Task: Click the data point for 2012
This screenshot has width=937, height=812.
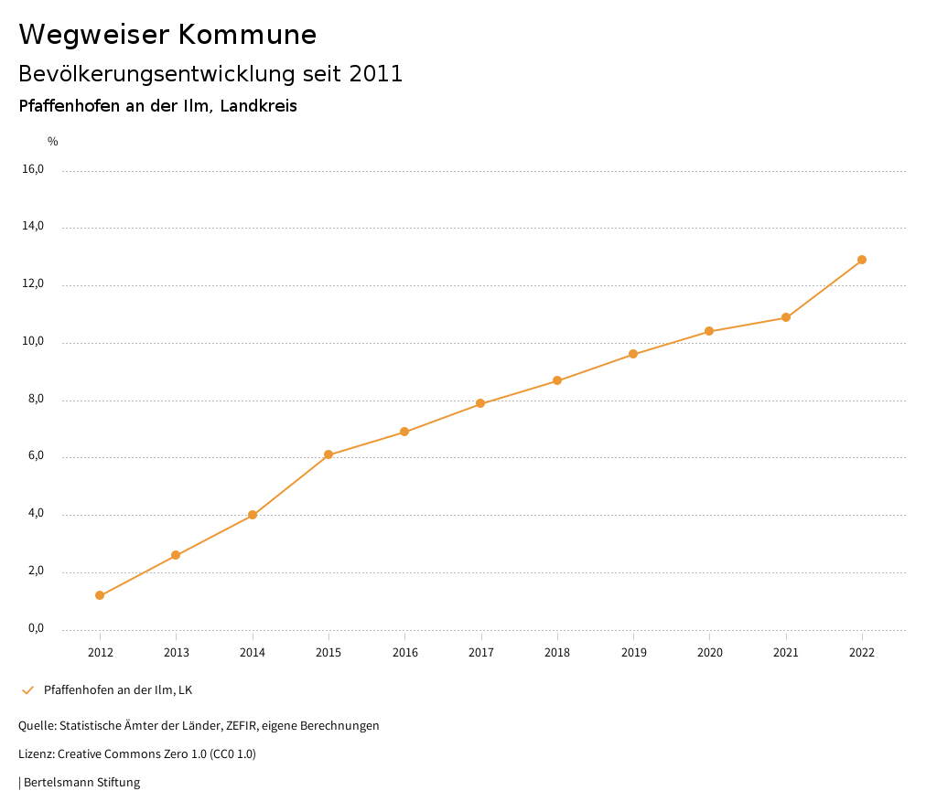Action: [100, 595]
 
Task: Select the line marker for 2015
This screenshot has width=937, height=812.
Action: [328, 454]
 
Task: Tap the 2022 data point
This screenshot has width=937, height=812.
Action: [862, 260]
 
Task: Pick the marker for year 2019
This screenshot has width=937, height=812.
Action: [633, 354]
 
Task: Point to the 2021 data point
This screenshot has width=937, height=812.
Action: [786, 317]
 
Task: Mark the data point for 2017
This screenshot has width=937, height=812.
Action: [480, 403]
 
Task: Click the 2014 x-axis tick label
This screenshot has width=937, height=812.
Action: [253, 652]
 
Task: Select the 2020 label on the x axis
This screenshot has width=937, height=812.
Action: [709, 652]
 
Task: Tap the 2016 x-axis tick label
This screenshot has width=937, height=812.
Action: [404, 652]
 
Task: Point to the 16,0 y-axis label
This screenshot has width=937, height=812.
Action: [32, 169]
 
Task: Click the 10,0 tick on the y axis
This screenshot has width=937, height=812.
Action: [32, 341]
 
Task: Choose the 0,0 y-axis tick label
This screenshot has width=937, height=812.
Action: [35, 628]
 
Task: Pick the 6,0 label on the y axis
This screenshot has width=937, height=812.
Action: [35, 455]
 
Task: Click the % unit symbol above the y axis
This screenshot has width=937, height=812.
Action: [53, 142]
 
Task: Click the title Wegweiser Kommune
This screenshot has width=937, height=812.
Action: [167, 35]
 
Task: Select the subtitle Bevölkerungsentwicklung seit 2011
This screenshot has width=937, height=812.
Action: [210, 74]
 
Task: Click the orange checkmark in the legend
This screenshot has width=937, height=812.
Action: [27, 689]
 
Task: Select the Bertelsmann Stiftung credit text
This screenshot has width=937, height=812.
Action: [81, 783]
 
